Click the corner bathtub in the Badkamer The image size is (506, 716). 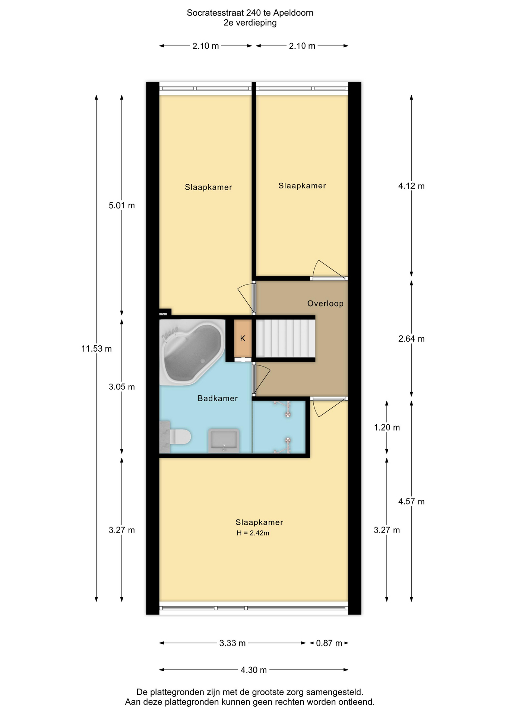(192, 352)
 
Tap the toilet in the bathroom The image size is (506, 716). (180, 437)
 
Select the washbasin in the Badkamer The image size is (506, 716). (224, 440)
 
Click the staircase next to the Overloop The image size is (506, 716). (285, 339)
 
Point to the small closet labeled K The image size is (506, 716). (243, 339)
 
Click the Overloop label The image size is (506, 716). (325, 304)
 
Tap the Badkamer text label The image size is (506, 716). (218, 398)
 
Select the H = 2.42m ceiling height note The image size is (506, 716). (253, 533)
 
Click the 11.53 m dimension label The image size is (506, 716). (97, 349)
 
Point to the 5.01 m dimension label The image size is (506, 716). (122, 205)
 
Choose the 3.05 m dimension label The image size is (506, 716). (122, 387)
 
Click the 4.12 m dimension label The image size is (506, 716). (411, 186)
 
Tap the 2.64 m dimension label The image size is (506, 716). (411, 339)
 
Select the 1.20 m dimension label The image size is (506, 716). (387, 427)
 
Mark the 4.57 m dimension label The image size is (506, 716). (411, 502)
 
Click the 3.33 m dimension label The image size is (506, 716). (233, 643)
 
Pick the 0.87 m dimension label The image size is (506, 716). (329, 643)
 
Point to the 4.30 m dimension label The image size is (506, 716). (254, 670)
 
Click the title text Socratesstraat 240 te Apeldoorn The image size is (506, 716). (250, 13)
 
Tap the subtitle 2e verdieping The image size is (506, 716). (250, 23)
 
